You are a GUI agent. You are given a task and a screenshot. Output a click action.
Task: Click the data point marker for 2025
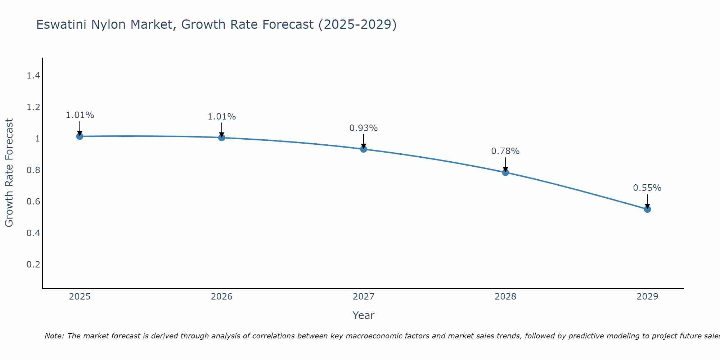(80, 136)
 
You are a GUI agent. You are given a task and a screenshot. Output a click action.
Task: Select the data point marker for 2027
(364, 149)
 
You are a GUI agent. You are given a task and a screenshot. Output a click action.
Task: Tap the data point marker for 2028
(505, 172)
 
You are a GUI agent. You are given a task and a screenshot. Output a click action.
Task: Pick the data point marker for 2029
(647, 209)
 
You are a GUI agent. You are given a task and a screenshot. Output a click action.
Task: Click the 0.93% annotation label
(364, 128)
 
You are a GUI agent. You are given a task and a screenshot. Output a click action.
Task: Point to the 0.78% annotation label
(505, 151)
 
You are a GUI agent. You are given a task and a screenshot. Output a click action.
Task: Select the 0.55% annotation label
(647, 188)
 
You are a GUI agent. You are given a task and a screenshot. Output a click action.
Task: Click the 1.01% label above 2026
(222, 117)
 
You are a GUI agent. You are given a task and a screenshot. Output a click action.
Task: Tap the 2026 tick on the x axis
(222, 297)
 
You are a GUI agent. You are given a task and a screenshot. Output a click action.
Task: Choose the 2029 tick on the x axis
(647, 297)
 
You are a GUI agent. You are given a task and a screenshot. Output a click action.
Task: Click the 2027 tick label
(364, 297)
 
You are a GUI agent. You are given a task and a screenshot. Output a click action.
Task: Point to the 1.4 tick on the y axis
(33, 76)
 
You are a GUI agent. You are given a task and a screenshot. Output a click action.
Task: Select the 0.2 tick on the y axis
(33, 265)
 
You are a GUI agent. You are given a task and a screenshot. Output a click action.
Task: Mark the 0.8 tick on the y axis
(33, 170)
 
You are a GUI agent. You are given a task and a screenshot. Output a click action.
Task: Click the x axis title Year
(364, 315)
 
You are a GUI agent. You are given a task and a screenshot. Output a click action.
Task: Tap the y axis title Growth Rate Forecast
(9, 173)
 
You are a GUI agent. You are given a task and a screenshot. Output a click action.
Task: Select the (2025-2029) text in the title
(357, 24)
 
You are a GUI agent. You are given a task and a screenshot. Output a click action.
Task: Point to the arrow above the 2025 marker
(80, 128)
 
